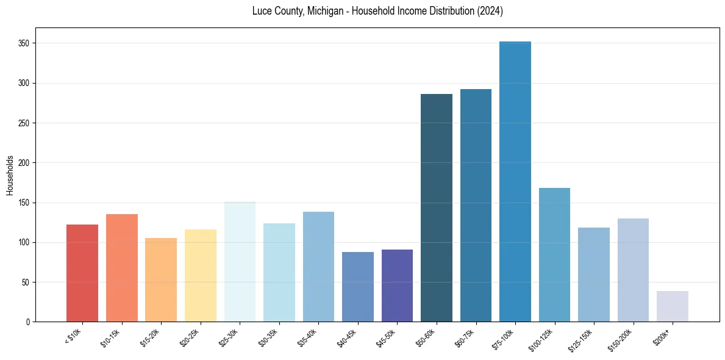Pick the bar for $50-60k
pos(436,207)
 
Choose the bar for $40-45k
pos(357,287)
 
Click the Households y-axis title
pos(10,175)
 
